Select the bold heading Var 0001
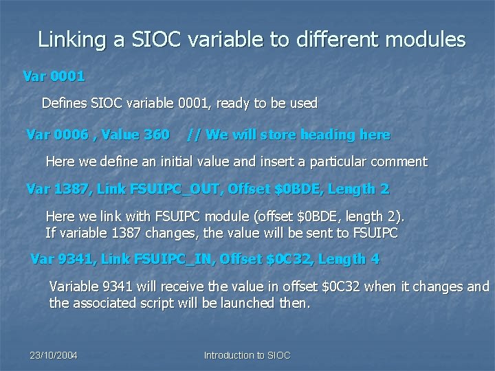[54, 76]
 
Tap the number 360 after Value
[155, 135]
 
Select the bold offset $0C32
[283, 260]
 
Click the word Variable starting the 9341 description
[74, 286]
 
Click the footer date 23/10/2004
[53, 355]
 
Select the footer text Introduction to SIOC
[247, 355]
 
